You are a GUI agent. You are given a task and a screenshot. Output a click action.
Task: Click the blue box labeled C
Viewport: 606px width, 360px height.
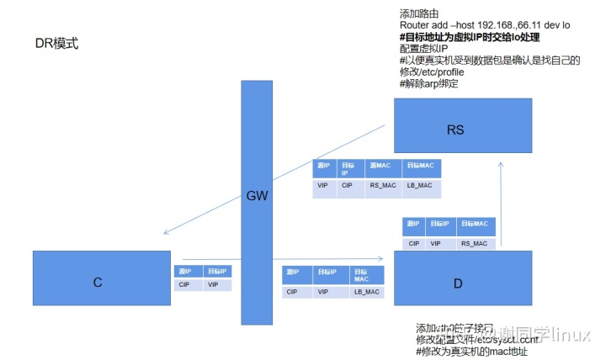tap(98, 283)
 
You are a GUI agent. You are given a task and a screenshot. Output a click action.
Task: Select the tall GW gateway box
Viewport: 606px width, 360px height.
tap(257, 202)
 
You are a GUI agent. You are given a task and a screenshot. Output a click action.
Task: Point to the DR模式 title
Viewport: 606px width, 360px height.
tap(57, 42)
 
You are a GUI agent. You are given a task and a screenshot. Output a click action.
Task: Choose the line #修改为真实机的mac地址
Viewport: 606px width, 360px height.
tap(477, 351)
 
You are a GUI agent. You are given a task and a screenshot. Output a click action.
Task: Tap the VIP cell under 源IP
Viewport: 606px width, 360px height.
tap(323, 185)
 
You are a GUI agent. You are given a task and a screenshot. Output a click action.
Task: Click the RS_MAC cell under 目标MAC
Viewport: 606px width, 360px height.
tap(475, 243)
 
